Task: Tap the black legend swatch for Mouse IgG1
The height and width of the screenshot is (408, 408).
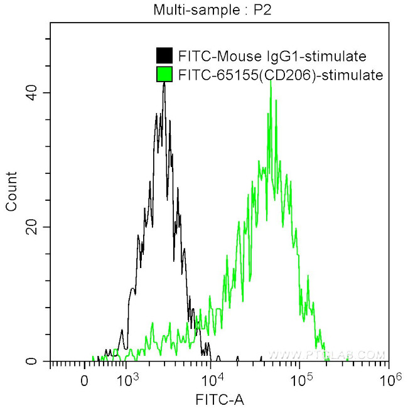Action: coord(164,56)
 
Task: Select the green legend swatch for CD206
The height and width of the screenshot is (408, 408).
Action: coord(164,75)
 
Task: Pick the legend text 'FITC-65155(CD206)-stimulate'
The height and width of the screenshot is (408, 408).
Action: coord(280,75)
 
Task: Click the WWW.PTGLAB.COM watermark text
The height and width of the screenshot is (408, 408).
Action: coord(335,355)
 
